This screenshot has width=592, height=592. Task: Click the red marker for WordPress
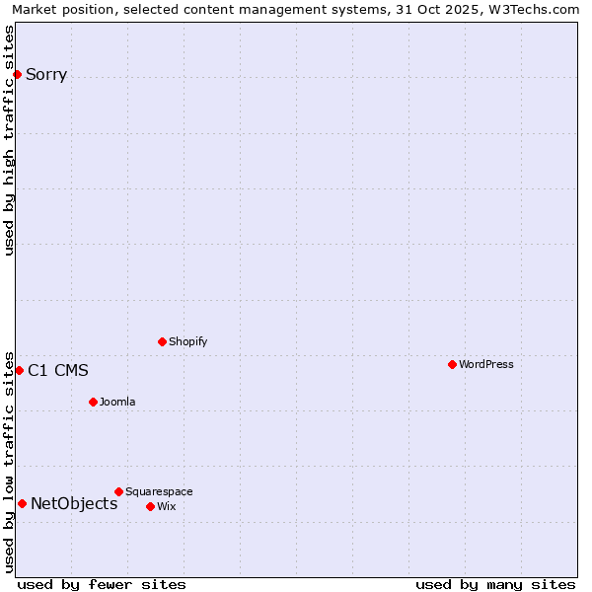pos(452,364)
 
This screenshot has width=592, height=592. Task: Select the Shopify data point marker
pos(162,341)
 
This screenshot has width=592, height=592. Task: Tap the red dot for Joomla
pos(93,402)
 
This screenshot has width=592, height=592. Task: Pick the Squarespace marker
pos(118,491)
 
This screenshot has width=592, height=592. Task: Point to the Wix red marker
pos(150,506)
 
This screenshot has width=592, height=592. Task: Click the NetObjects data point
pos(22,503)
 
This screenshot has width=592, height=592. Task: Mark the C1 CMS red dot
pos(19,370)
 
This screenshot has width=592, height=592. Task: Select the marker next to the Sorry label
pos(17,74)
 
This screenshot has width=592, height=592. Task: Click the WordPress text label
pos(486,364)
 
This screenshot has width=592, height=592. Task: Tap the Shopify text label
pos(187,341)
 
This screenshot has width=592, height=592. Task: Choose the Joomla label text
pos(117,402)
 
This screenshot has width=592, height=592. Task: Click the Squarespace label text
pos(159,491)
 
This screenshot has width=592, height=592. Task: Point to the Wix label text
pos(166,506)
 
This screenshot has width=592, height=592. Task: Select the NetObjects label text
pos(74,503)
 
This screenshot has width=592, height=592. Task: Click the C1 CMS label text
pos(58,370)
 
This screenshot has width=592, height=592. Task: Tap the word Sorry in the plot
pos(46,74)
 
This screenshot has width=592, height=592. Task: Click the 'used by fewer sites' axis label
pos(102,584)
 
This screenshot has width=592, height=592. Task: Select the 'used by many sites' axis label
pos(495,584)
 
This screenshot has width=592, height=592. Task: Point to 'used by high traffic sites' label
pos(10,140)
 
